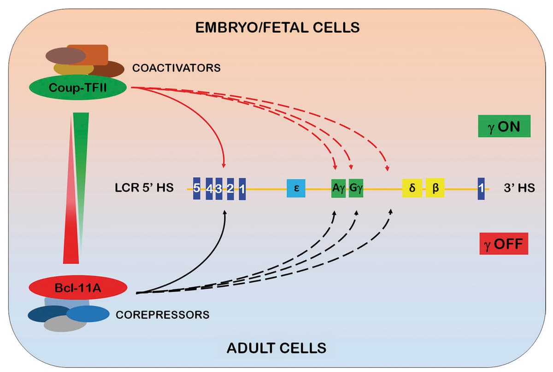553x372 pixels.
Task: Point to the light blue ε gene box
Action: pos(297,188)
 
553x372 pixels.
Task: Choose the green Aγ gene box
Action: pos(339,188)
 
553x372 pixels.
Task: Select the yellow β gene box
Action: pos(435,188)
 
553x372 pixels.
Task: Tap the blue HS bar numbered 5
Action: pos(196,188)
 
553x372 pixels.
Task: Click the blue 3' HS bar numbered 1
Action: pos(481,188)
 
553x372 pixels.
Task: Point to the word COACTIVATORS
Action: pos(176,69)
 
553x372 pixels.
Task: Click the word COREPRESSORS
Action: pos(163,315)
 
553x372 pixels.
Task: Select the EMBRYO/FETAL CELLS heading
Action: pos(277,28)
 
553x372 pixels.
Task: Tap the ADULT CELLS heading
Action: pos(276,348)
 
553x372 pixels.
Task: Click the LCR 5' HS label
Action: pos(144,188)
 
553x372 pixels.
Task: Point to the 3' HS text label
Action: pos(519,188)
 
